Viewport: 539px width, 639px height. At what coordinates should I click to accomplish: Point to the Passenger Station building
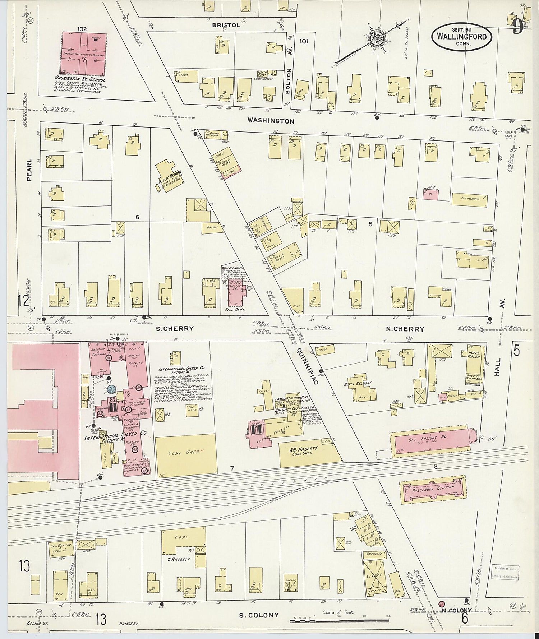[x=433, y=488]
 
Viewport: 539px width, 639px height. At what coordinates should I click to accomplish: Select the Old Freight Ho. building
[x=430, y=441]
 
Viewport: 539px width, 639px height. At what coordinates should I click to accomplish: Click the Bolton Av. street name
[x=288, y=81]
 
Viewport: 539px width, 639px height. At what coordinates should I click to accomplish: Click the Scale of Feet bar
[x=339, y=620]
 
